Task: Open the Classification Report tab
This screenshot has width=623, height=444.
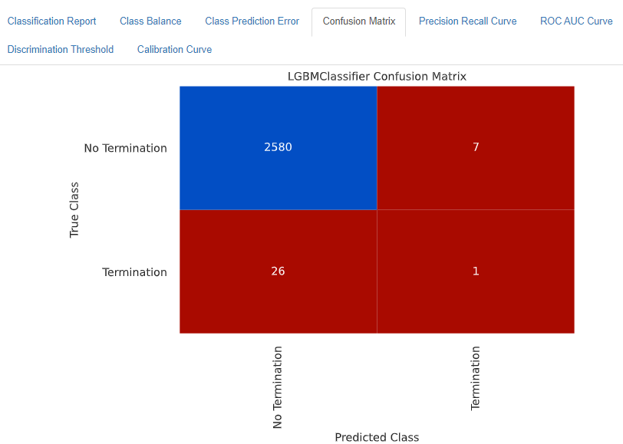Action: (51, 21)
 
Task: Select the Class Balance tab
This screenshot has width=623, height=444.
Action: (150, 21)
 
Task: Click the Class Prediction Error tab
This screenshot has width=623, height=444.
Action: (252, 21)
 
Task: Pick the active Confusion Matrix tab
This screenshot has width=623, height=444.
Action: (359, 21)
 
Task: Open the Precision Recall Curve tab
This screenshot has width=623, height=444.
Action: (467, 21)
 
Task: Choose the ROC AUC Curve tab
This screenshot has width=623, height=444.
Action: (576, 21)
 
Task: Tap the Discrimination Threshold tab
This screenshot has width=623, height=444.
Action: (61, 50)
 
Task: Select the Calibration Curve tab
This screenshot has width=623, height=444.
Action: (174, 50)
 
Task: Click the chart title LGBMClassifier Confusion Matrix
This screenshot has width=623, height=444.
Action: (377, 77)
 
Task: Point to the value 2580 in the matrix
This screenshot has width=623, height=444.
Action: (278, 147)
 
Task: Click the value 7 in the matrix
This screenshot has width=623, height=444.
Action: (476, 147)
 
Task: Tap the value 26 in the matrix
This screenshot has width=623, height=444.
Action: (278, 271)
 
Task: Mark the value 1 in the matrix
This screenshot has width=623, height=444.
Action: (476, 271)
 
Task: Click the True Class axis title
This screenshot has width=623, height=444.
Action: (74, 209)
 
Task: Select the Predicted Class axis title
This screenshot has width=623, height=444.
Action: (377, 437)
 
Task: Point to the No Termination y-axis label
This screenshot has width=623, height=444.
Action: (125, 148)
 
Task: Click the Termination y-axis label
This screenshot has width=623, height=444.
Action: (134, 272)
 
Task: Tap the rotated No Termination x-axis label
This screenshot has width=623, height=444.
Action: (278, 387)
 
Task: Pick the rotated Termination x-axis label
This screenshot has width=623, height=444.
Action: (476, 378)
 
